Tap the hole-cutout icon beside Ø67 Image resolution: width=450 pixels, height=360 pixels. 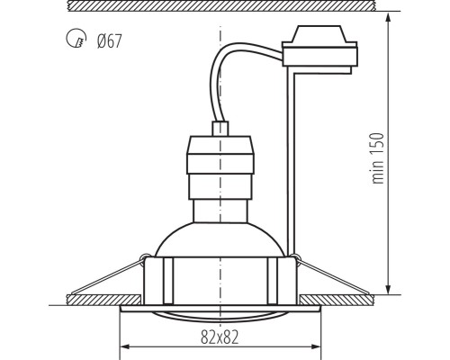click(76, 41)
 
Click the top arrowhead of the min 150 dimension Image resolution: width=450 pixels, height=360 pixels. click(388, 17)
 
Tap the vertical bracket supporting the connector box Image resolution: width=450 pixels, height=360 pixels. click(291, 162)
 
